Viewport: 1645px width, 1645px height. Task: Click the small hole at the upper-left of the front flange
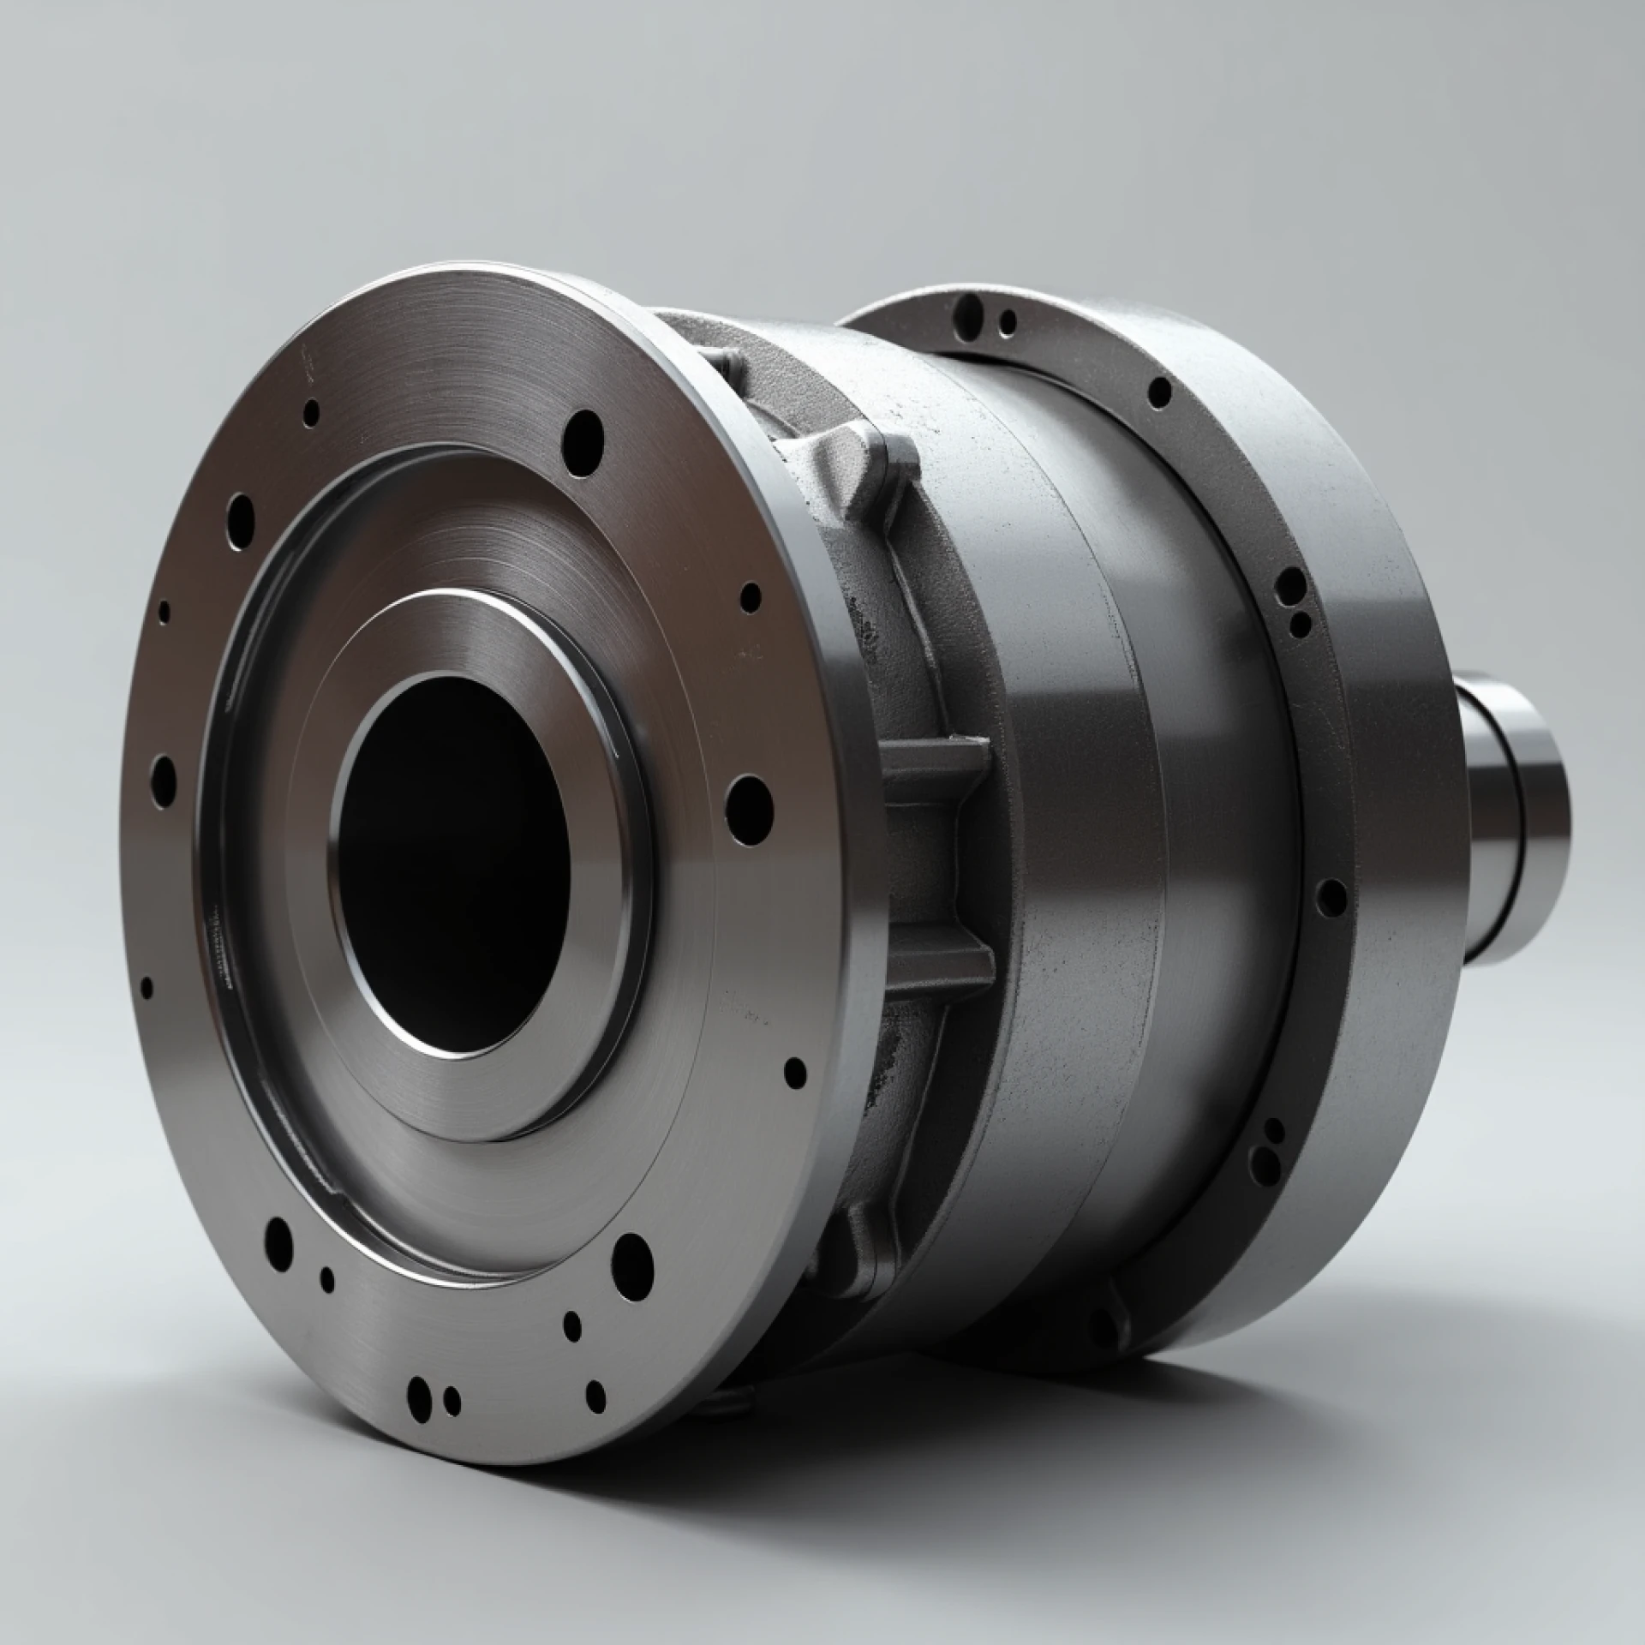point(312,412)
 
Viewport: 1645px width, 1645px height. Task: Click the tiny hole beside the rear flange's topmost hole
point(1008,321)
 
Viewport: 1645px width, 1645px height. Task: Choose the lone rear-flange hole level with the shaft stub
point(1332,897)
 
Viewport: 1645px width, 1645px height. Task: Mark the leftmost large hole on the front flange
point(163,776)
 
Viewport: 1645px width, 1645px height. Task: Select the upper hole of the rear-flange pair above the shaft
point(1289,586)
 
